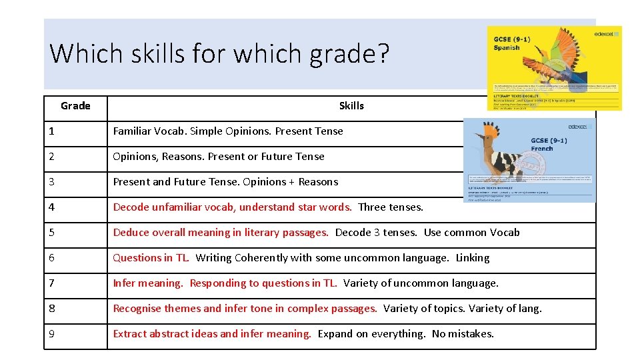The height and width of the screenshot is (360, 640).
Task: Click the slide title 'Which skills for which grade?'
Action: tap(219, 53)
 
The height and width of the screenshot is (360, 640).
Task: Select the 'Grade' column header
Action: tap(75, 106)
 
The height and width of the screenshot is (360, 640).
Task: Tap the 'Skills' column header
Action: tap(351, 106)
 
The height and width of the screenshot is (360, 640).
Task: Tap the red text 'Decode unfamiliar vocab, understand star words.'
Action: tap(232, 207)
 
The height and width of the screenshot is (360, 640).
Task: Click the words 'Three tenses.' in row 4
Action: tap(391, 207)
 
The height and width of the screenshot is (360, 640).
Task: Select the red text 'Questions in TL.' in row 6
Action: tap(151, 258)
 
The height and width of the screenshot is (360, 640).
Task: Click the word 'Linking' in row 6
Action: tap(473, 258)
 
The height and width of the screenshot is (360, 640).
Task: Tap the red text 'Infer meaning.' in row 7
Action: tap(148, 283)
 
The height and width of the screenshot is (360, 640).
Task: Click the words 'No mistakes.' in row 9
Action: tap(463, 334)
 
